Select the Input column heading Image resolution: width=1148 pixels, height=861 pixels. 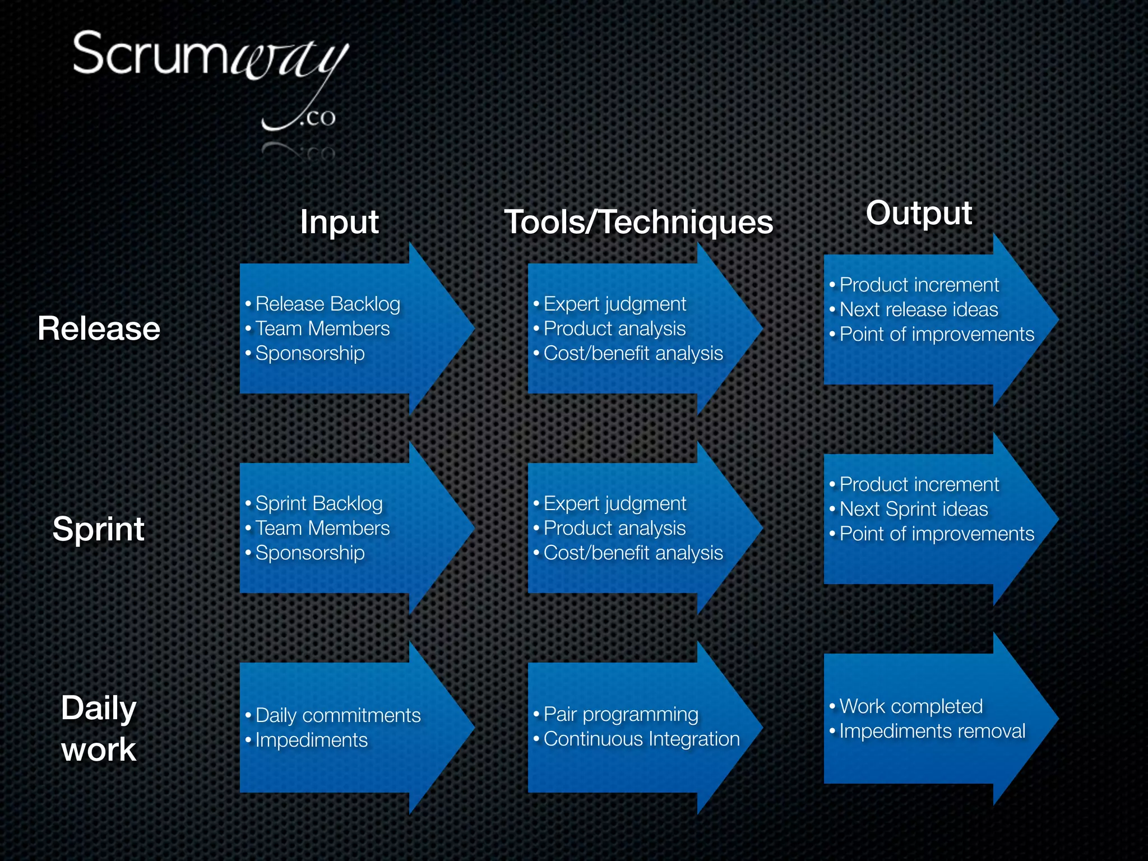339,222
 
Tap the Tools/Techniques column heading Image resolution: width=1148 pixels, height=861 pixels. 638,222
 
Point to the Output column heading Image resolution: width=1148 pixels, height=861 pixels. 919,213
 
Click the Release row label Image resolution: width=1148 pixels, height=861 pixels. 99,328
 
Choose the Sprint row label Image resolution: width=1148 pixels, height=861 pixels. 99,529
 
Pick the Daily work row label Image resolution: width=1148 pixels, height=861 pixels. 99,728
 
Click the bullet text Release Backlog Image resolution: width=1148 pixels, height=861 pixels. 328,304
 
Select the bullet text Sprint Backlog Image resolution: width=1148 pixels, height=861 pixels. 319,503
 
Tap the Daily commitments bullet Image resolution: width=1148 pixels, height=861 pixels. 338,715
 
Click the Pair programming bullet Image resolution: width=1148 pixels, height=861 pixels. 621,714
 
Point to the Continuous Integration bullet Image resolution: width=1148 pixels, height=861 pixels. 642,739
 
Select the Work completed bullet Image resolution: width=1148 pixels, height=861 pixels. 911,706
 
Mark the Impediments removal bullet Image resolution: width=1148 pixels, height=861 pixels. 932,731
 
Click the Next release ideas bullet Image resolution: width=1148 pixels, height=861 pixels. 919,309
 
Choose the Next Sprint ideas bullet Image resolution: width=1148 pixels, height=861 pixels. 914,509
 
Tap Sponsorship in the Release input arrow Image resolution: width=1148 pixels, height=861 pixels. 310,353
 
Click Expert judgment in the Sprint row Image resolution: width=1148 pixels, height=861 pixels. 615,503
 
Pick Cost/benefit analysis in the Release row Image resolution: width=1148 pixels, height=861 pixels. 633,353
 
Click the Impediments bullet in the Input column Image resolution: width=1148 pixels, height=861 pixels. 312,740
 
